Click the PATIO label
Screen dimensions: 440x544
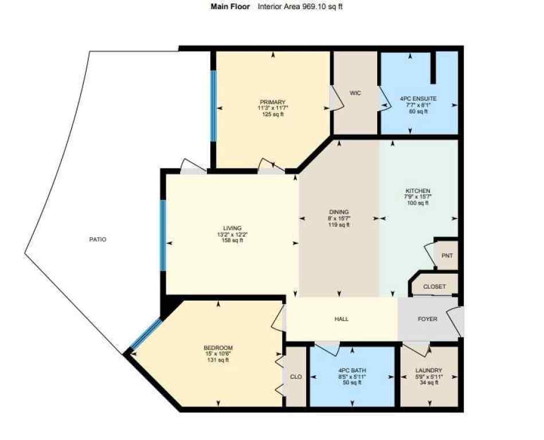pos(97,239)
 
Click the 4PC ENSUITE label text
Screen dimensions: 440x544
pos(418,99)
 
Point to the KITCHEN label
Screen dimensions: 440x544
pos(417,191)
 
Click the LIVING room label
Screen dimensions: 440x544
pos(233,228)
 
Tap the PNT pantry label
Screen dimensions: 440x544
pos(447,256)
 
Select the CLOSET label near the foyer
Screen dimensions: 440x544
pos(434,286)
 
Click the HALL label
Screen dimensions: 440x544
pos(341,319)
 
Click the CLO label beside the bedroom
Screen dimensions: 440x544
pos(296,376)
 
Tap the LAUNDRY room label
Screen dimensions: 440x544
pos(429,371)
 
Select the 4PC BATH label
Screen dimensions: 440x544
pos(352,371)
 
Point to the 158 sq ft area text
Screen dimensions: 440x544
pos(233,241)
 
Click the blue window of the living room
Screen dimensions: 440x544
pos(163,235)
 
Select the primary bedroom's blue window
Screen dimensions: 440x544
pos(213,105)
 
